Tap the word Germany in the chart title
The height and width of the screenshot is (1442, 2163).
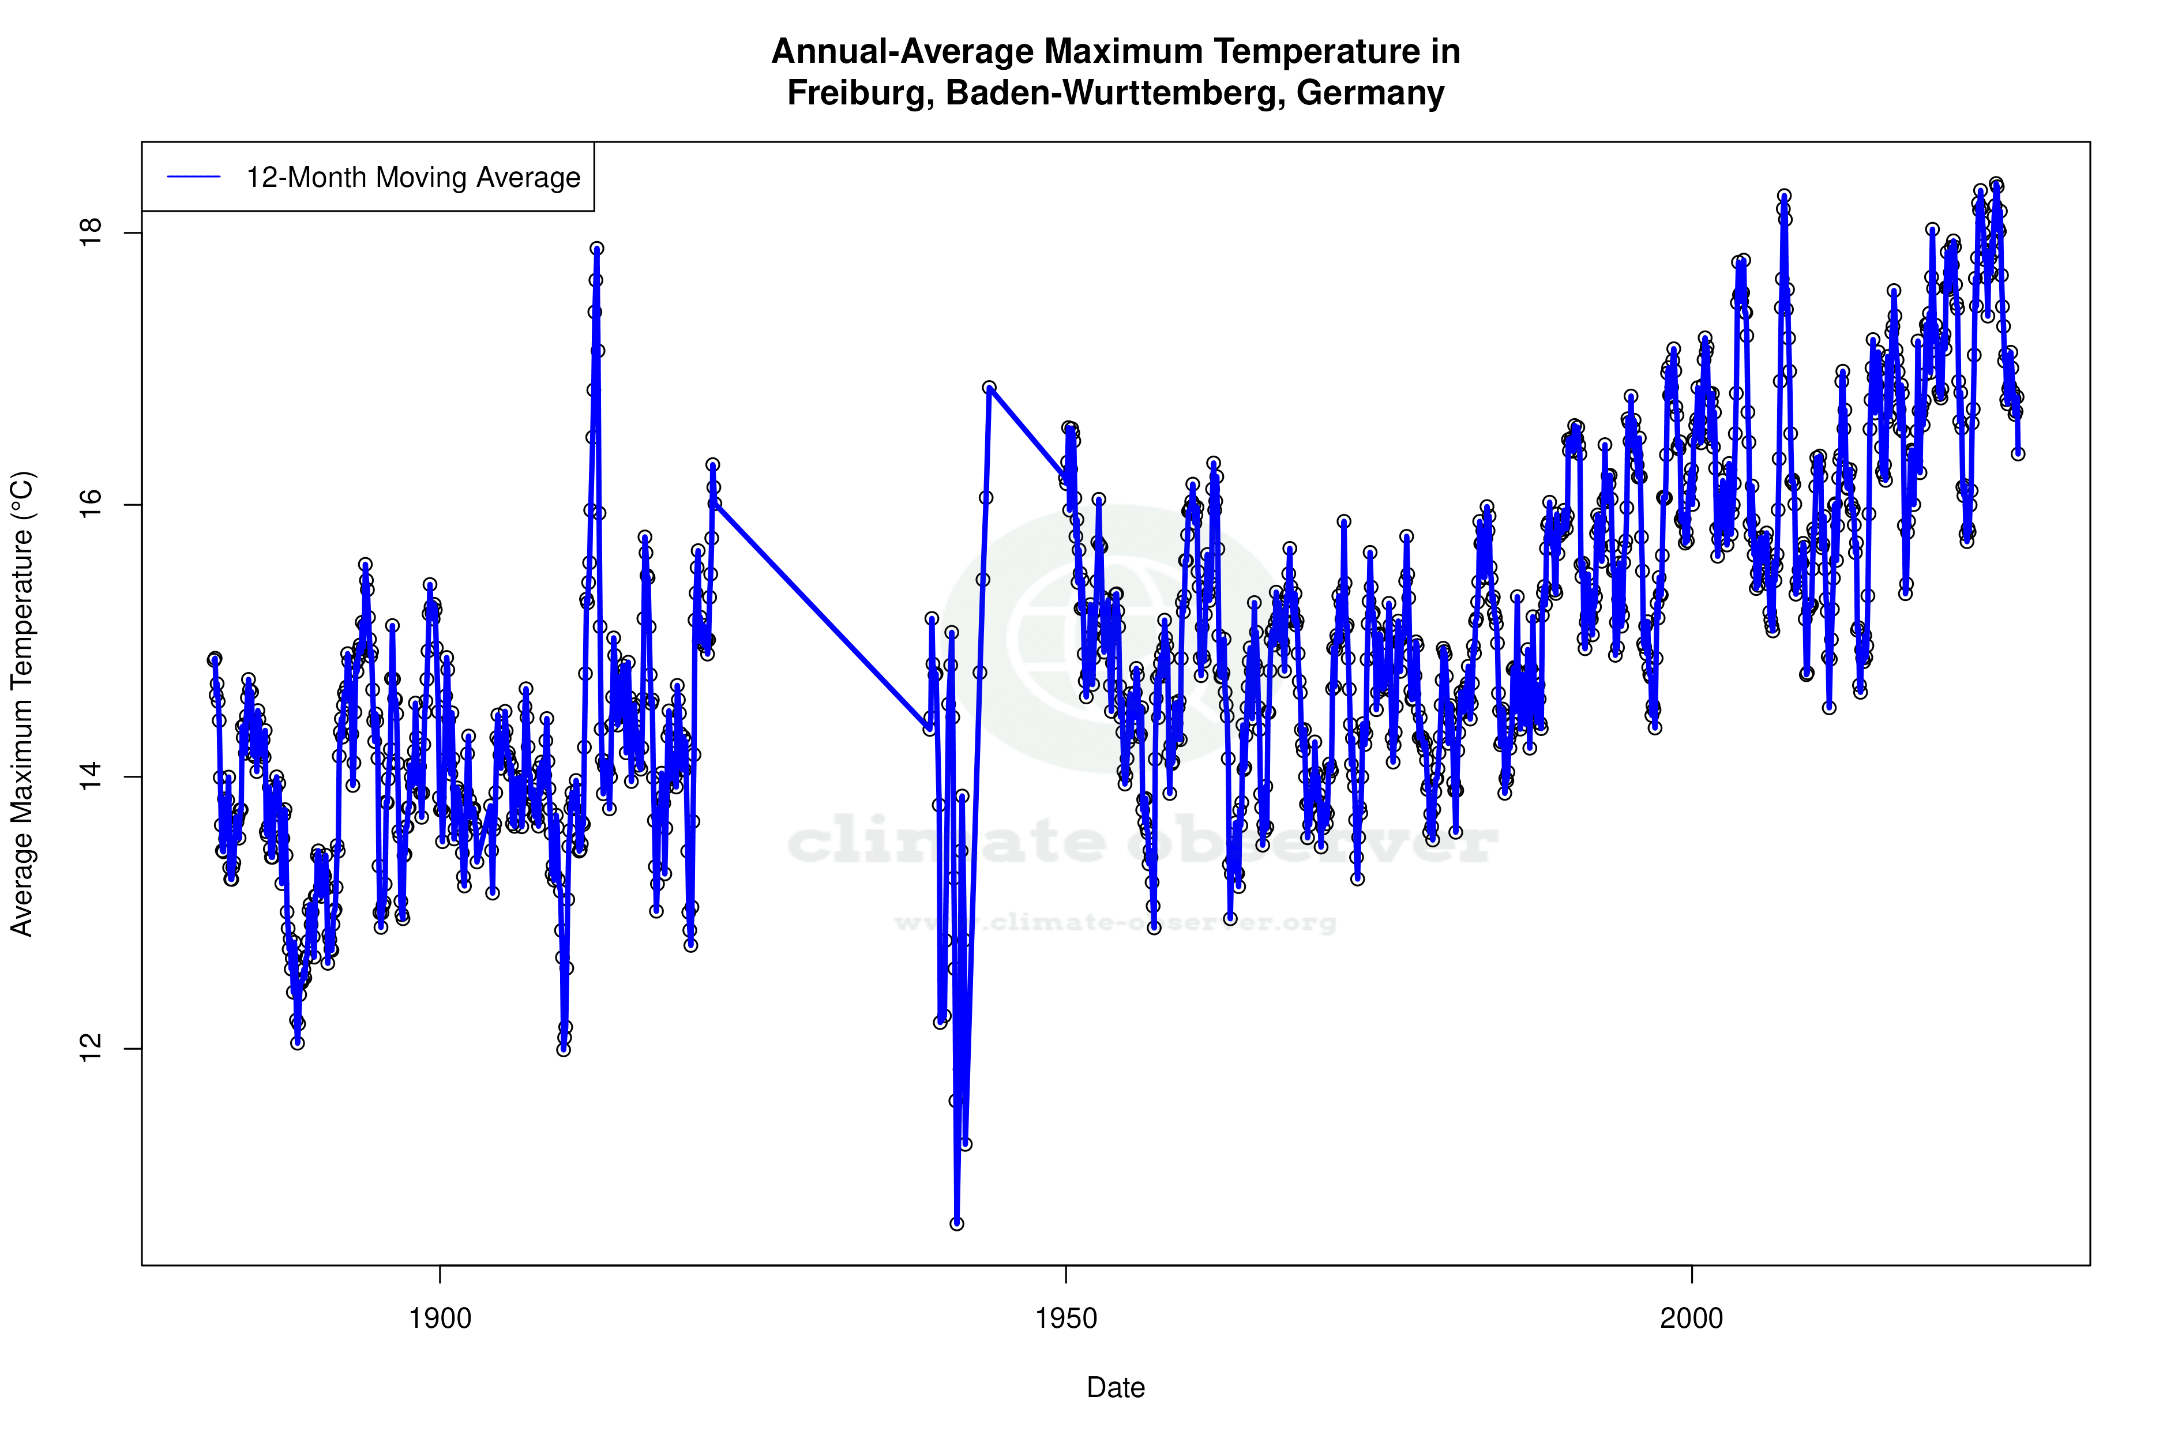point(1370,93)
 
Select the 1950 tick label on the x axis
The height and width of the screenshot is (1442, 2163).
point(1066,1319)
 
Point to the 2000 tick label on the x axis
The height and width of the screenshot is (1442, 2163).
point(1691,1319)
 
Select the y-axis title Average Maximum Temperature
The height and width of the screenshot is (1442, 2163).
point(22,704)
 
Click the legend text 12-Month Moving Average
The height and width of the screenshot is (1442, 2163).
point(413,178)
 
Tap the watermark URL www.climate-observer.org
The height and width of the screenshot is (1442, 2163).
point(1116,922)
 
